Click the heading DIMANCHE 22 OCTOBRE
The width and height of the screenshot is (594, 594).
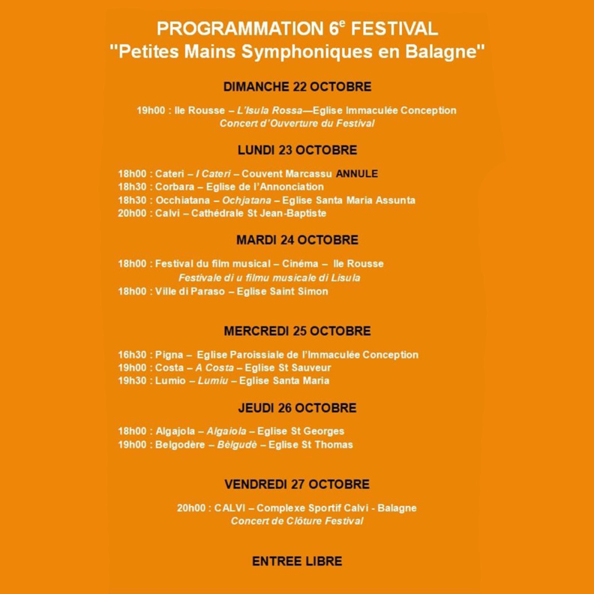[x=297, y=87]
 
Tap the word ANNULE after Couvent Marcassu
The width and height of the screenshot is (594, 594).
[x=357, y=173]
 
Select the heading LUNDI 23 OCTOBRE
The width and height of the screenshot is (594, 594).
[x=297, y=150]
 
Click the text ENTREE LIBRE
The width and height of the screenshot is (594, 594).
[x=297, y=561]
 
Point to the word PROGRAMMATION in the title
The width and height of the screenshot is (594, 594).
[x=241, y=29]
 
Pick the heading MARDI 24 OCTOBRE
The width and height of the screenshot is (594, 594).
[x=297, y=240]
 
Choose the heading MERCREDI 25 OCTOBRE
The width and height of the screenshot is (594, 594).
[x=297, y=331]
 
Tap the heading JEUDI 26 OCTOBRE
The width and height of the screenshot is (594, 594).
[x=297, y=408]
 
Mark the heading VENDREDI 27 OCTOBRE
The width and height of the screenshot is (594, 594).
[x=297, y=484]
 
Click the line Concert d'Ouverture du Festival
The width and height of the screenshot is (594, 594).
[x=297, y=123]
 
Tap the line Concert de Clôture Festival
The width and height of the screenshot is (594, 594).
[x=297, y=520]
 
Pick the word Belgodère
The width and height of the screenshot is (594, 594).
[x=181, y=445]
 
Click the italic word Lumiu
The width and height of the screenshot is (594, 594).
[x=212, y=381]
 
